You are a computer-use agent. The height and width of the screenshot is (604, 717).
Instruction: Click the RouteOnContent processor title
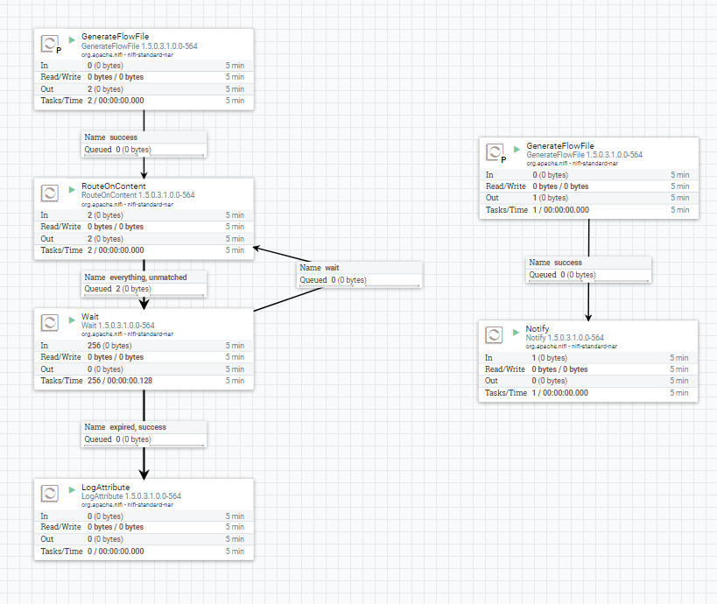(113, 186)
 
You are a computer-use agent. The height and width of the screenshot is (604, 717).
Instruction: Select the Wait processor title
(90, 316)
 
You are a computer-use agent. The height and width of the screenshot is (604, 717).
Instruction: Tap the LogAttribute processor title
(105, 487)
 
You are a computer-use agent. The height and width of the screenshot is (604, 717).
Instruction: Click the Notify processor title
(537, 328)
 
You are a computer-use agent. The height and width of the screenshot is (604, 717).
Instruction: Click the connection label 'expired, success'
(137, 427)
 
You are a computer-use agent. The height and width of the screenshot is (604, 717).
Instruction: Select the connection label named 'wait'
(332, 268)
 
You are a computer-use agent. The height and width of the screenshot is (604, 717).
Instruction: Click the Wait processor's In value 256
(94, 345)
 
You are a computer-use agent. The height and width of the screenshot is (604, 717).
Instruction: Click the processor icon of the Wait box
(50, 321)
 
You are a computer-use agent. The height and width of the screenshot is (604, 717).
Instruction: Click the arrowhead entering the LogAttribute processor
(144, 471)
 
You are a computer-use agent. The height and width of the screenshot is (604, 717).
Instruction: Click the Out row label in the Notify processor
(491, 381)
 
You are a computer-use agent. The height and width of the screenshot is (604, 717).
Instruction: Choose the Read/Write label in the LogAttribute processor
(60, 527)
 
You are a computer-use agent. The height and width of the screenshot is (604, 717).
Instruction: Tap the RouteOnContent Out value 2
(89, 238)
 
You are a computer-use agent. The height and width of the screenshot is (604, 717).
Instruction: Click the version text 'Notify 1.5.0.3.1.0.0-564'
(565, 338)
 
